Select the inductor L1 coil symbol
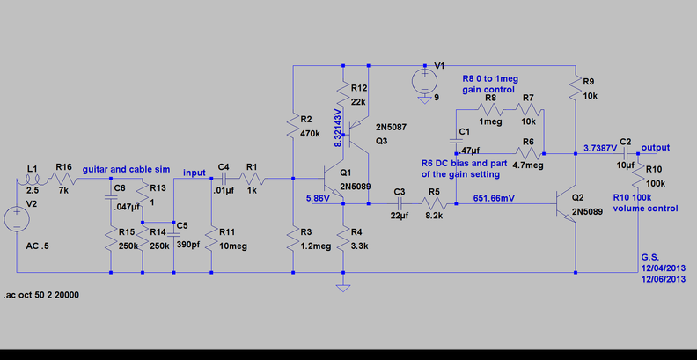point(31,181)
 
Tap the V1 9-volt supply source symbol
point(424,81)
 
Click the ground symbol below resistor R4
point(343,288)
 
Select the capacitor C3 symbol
point(400,204)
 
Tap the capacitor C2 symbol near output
point(626,153)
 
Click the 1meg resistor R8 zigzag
point(491,108)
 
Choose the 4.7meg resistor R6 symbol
point(528,153)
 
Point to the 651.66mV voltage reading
point(495,198)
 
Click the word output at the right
point(656,148)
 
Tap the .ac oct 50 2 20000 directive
point(41,295)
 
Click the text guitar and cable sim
point(126,169)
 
